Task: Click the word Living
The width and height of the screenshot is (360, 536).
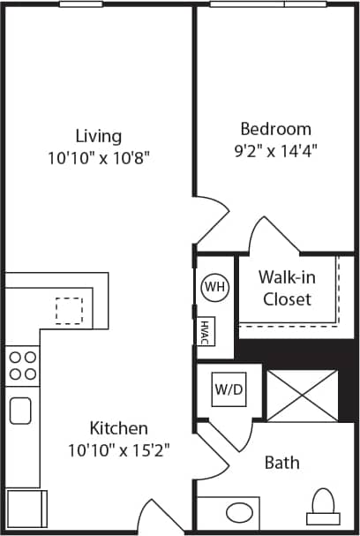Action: pos(98,136)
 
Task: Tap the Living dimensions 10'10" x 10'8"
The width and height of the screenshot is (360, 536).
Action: pos(98,159)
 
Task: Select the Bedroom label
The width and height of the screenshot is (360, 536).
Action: pos(274,128)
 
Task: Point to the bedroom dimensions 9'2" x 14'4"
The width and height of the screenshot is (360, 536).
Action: pos(274,150)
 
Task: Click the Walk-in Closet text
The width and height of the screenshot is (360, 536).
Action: pos(286,288)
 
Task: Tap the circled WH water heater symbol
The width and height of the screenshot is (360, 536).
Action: pos(214,287)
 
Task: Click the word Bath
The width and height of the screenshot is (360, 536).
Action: pos(281,463)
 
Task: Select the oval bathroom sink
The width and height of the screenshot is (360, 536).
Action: pos(238,511)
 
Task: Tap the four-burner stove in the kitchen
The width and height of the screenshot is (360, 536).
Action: pos(22,366)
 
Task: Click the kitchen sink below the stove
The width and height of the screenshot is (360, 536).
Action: pos(20,411)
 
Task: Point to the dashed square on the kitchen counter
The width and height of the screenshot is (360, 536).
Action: pos(69,310)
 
